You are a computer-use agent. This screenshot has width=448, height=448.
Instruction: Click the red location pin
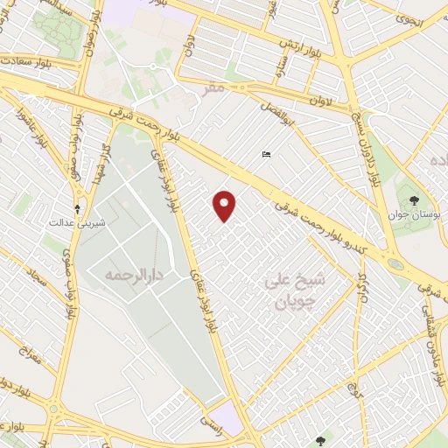coord(226,205)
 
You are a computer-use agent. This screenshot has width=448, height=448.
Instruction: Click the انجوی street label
coord(410,18)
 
